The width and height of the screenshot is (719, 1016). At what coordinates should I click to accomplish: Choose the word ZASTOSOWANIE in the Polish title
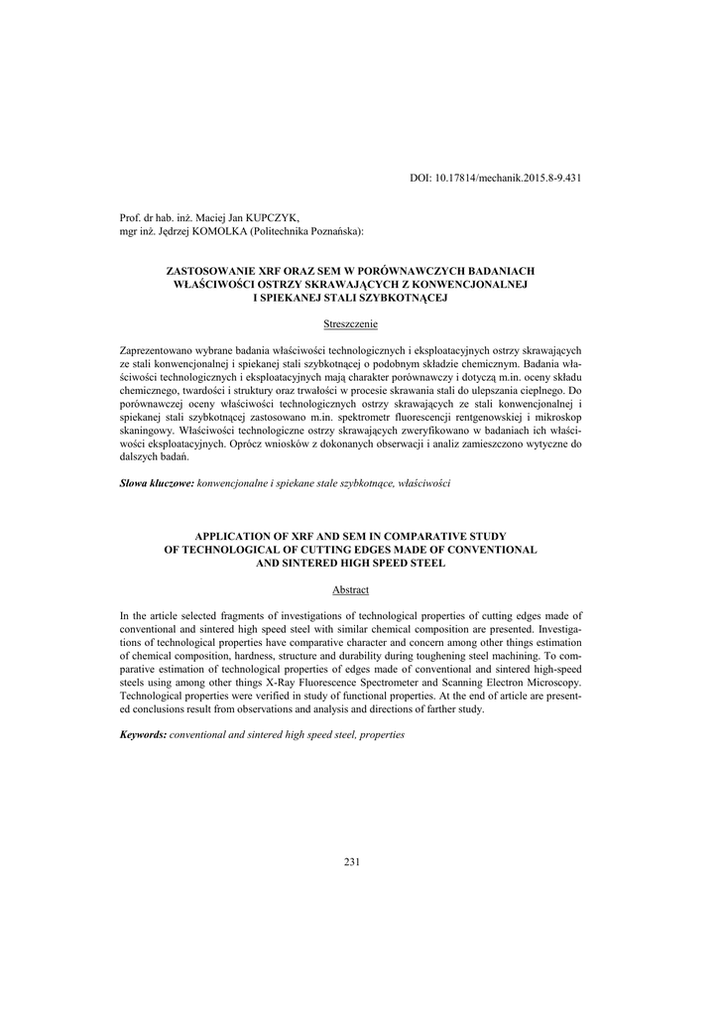[207, 270]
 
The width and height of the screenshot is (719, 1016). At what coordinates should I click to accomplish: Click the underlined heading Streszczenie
[351, 324]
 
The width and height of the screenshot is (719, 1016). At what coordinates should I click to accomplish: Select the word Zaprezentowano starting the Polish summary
[156, 351]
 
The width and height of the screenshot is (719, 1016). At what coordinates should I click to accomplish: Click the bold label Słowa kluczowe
[157, 481]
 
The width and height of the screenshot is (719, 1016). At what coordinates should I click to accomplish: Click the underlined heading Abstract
[351, 589]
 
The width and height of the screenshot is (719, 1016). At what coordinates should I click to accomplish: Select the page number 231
[351, 861]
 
